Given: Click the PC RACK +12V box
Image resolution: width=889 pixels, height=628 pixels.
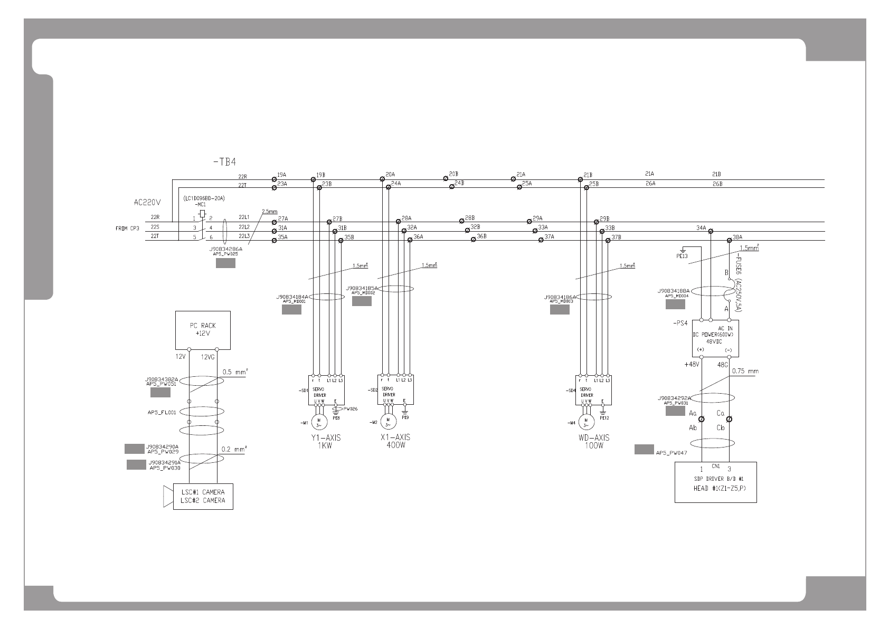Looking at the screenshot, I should pyautogui.click(x=203, y=330).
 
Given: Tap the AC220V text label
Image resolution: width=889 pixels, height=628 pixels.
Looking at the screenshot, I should pyautogui.click(x=147, y=202).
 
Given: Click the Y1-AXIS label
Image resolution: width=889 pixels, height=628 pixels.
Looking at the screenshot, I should pyautogui.click(x=326, y=437).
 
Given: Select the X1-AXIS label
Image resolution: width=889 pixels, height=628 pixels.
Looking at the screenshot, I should pyautogui.click(x=395, y=437).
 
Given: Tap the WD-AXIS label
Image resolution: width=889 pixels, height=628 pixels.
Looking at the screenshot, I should pyautogui.click(x=594, y=437).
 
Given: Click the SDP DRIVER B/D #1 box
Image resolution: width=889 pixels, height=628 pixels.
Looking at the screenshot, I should pyautogui.click(x=715, y=482).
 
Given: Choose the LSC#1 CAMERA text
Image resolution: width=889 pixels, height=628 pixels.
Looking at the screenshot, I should pyautogui.click(x=203, y=492).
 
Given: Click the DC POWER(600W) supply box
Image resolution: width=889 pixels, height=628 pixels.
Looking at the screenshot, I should pyautogui.click(x=715, y=338).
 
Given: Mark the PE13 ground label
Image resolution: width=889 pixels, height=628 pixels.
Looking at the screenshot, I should pyautogui.click(x=682, y=256).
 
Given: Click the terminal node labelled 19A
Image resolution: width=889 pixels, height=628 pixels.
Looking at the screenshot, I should pyautogui.click(x=274, y=179).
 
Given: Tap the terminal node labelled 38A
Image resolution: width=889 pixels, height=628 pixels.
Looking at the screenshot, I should pyautogui.click(x=730, y=240).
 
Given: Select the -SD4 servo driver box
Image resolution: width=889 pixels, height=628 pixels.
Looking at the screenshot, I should pyautogui.click(x=593, y=389).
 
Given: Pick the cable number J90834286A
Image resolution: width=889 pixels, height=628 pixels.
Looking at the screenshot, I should pyautogui.click(x=226, y=249).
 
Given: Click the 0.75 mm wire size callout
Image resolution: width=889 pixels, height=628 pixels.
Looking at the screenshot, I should pyautogui.click(x=745, y=371).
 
